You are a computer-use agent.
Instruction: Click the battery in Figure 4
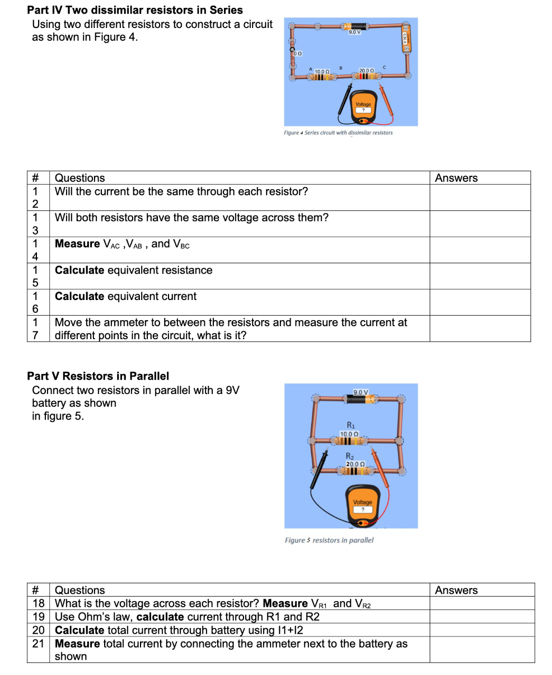[354, 26]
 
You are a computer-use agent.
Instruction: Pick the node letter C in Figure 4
[384, 68]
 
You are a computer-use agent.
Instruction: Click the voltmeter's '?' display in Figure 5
[362, 509]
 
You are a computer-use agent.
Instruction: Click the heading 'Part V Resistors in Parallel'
[98, 376]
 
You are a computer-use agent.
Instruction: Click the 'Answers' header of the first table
[456, 178]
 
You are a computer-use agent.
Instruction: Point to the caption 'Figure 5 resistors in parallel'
[329, 540]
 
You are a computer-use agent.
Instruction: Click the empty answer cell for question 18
[482, 603]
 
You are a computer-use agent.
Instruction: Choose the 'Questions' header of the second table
[79, 590]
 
